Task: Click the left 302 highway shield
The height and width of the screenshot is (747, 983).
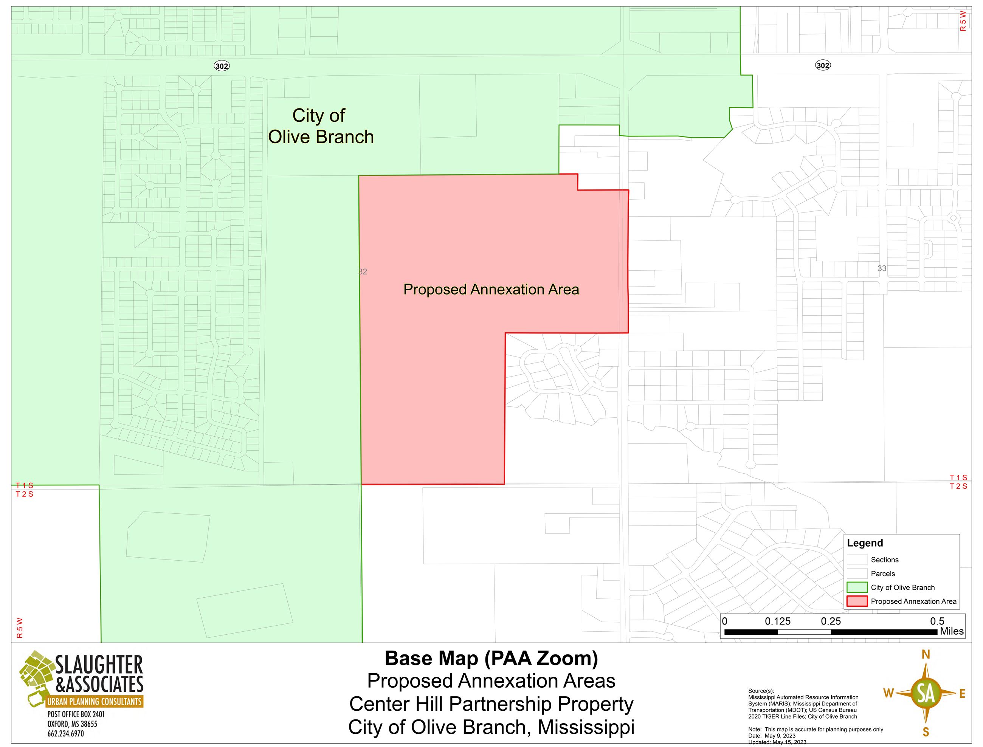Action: (222, 66)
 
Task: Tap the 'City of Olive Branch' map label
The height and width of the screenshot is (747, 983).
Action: (321, 126)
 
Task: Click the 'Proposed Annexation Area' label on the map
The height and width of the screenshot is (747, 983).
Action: (491, 290)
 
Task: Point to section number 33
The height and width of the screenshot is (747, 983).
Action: (882, 268)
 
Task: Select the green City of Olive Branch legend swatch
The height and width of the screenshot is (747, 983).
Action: (857, 587)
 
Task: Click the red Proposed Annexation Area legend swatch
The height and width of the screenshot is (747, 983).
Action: (857, 601)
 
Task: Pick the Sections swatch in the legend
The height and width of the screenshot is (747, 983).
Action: (857, 560)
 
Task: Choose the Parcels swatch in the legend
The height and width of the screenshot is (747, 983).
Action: (857, 573)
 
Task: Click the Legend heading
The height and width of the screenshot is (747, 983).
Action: (865, 543)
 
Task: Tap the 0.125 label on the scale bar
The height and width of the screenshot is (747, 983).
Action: (778, 621)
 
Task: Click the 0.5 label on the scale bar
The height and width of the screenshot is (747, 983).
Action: (937, 621)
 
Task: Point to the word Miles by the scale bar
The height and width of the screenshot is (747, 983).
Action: (952, 631)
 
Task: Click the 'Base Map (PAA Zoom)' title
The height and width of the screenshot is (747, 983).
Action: (491, 659)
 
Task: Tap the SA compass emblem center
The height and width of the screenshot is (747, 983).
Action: (926, 693)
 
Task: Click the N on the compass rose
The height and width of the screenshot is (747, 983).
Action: (926, 654)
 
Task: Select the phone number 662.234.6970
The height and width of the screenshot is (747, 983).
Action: (66, 734)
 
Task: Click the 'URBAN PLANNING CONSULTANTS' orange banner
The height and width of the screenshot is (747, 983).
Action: (94, 702)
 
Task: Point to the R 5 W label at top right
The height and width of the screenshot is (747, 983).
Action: (963, 21)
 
